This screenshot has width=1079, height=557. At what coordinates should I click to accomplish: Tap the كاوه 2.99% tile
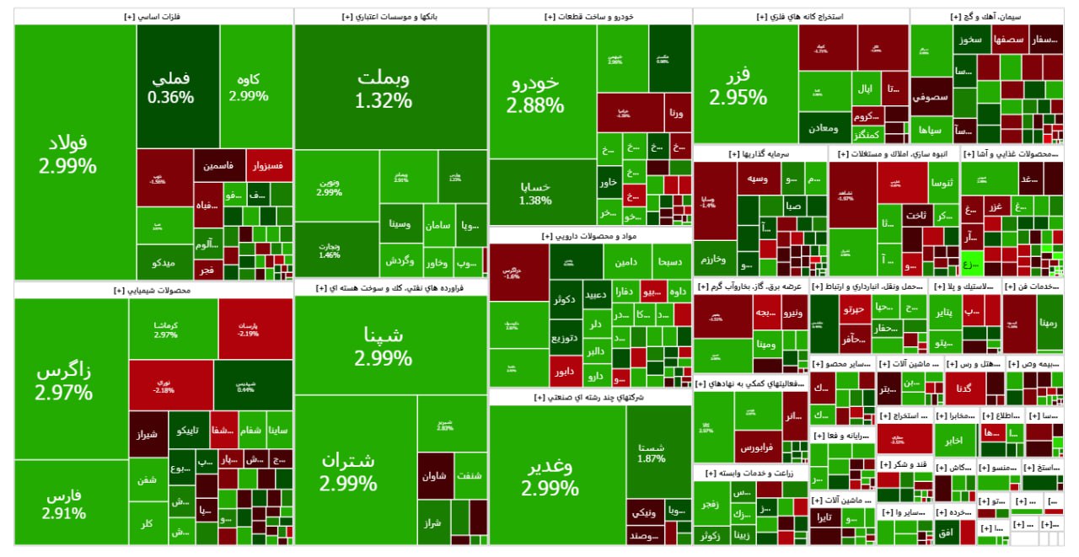(x=249, y=87)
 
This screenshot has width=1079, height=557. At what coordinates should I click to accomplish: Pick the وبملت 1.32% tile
(x=384, y=88)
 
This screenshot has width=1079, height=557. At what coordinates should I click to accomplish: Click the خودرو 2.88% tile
(x=535, y=93)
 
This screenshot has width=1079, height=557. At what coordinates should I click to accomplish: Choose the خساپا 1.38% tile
(x=535, y=193)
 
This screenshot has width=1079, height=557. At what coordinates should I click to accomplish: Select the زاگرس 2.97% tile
(x=64, y=381)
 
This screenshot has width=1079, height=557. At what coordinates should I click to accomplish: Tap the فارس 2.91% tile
(x=64, y=503)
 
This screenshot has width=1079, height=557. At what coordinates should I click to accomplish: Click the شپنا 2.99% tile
(x=384, y=345)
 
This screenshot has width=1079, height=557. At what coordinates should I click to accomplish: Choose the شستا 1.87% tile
(x=652, y=453)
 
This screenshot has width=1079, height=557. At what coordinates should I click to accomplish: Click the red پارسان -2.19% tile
(x=255, y=329)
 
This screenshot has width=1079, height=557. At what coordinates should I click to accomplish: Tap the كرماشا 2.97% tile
(x=165, y=329)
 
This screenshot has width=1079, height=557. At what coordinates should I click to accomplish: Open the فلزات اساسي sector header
(x=153, y=16)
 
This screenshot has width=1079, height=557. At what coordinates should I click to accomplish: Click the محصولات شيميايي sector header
(x=153, y=290)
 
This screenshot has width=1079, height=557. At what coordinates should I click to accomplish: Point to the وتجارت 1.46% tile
(x=329, y=250)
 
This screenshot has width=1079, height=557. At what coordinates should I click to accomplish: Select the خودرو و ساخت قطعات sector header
(x=590, y=16)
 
